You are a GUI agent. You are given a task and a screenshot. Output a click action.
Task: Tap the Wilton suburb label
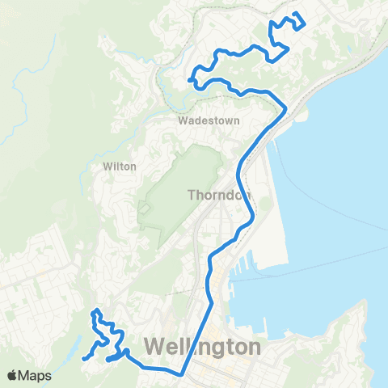(120, 167)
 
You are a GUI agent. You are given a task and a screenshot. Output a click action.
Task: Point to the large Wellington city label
(203, 348)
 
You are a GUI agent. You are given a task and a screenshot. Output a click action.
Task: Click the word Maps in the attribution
(36, 375)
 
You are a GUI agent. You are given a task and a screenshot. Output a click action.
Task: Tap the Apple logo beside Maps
(13, 375)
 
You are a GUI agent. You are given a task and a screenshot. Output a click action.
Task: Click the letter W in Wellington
(155, 348)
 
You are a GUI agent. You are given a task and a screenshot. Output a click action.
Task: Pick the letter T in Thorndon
(192, 195)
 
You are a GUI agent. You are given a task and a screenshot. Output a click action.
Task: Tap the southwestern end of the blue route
(84, 358)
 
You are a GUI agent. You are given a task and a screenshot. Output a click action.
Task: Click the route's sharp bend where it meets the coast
(285, 108)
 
